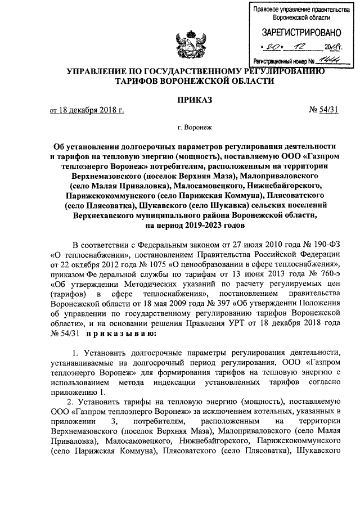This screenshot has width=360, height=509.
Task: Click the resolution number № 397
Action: [212, 304]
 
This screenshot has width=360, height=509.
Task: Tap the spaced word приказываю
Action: [116, 335]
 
